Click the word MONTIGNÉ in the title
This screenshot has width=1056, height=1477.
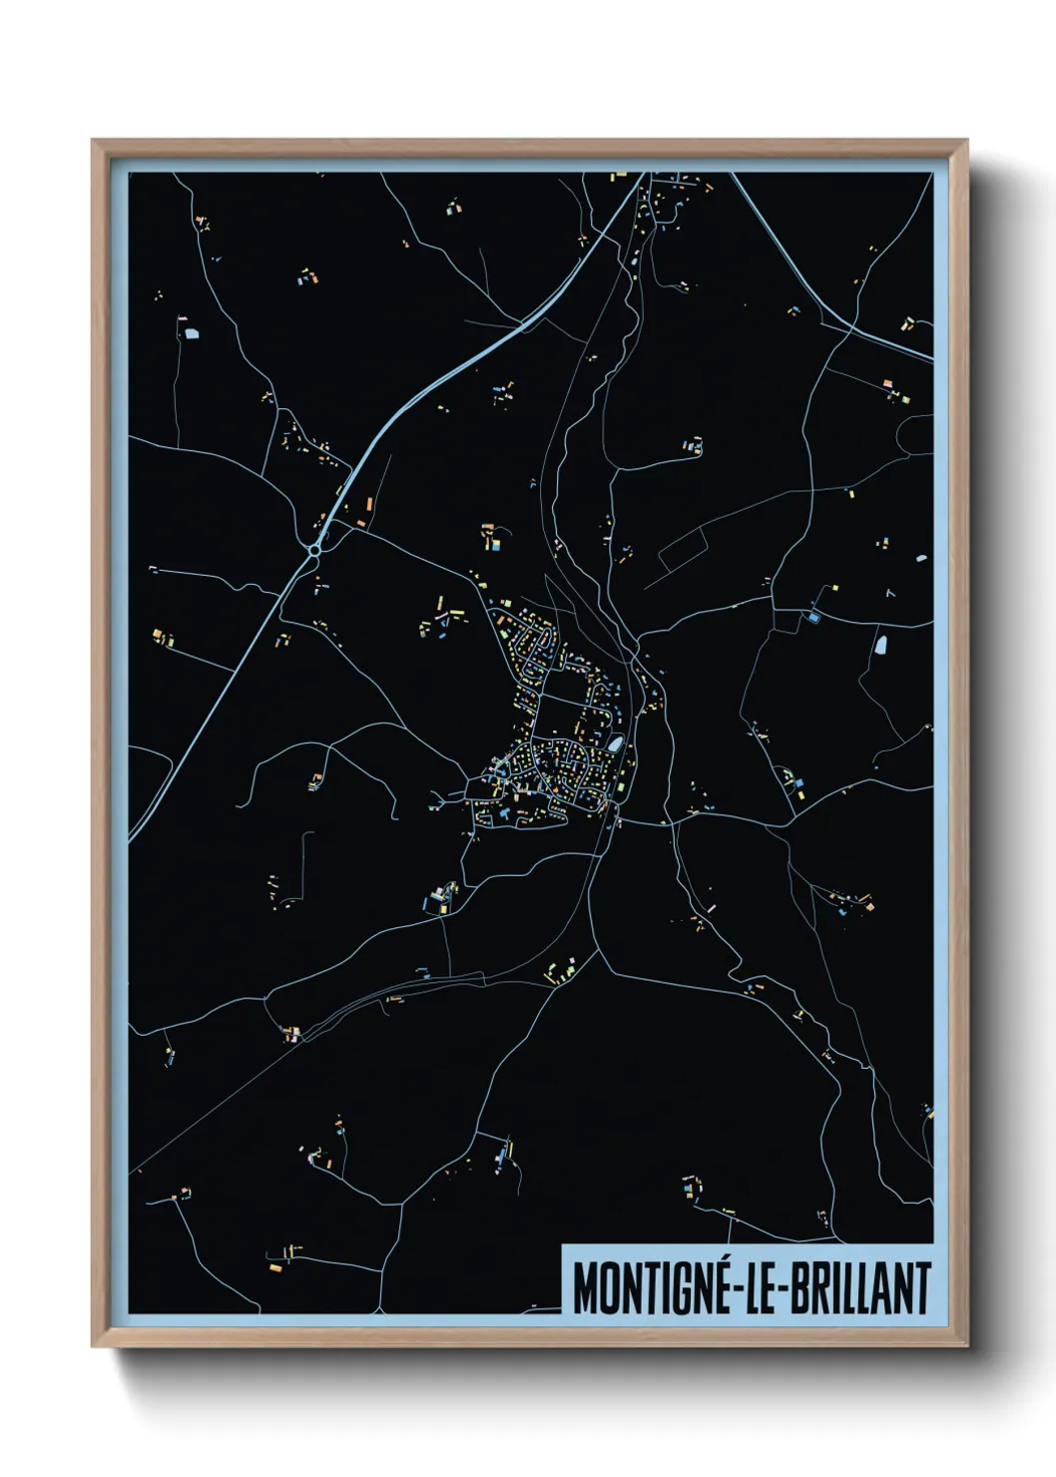click(x=650, y=1288)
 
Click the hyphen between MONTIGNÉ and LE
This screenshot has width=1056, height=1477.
click(x=735, y=1290)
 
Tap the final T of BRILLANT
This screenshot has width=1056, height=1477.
click(x=923, y=1288)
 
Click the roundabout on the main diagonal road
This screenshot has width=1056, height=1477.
click(x=315, y=549)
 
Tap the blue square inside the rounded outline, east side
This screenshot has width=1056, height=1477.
click(x=812, y=618)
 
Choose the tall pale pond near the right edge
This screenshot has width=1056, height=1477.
click(x=882, y=643)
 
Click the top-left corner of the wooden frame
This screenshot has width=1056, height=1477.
click(x=93, y=141)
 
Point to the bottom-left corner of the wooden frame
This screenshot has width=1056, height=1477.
click(x=93, y=1346)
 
